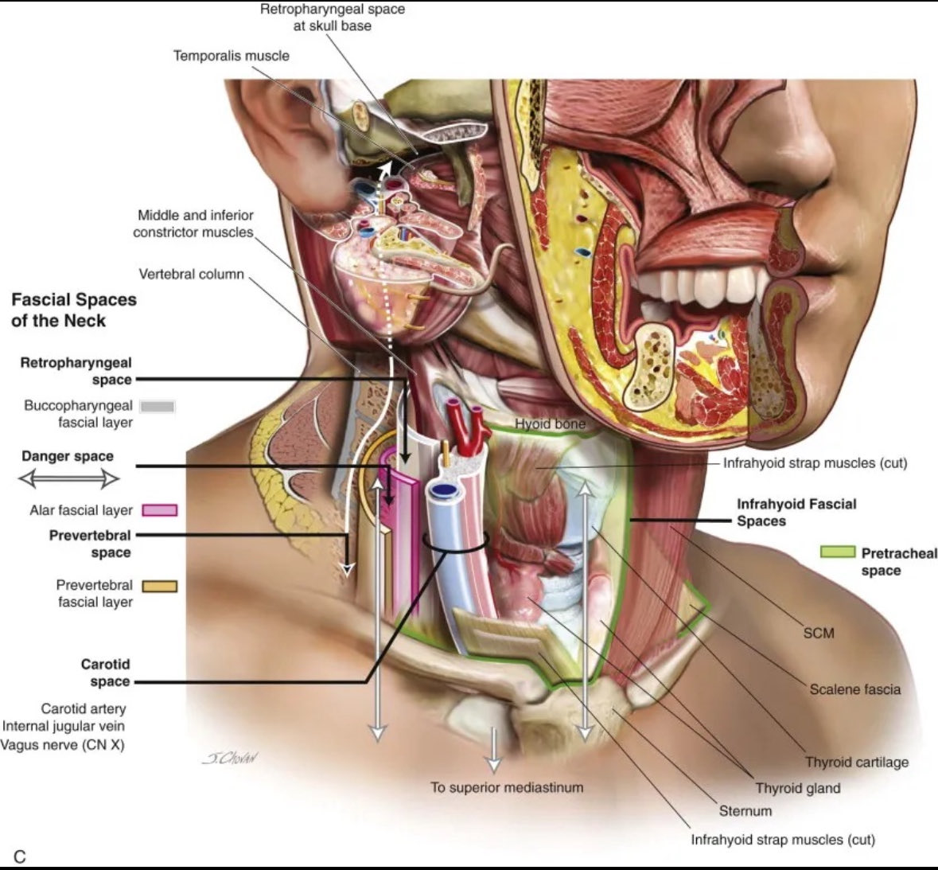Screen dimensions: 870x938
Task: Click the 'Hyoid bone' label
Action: [550, 424]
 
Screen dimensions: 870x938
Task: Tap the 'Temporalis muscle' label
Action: [232, 56]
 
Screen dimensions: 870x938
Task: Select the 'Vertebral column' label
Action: [191, 275]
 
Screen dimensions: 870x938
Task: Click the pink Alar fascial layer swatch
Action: [160, 510]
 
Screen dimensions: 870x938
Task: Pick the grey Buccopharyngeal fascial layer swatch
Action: [157, 407]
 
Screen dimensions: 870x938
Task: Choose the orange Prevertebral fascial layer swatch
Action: [159, 587]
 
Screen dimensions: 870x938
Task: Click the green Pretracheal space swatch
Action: [838, 552]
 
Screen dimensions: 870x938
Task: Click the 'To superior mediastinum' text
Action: [507, 787]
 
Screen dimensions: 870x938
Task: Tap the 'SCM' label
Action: [818, 633]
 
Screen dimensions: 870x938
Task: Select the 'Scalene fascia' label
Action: [854, 689]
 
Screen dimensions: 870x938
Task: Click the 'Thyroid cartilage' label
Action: [856, 762]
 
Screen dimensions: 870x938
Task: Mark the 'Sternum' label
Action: [745, 811]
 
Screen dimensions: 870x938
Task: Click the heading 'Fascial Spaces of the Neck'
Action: [73, 310]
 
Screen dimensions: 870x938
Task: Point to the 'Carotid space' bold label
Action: [105, 673]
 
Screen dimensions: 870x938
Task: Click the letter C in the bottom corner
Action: [20, 856]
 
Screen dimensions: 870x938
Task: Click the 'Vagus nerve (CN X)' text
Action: [64, 744]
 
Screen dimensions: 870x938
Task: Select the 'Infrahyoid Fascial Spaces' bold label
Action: [796, 513]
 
